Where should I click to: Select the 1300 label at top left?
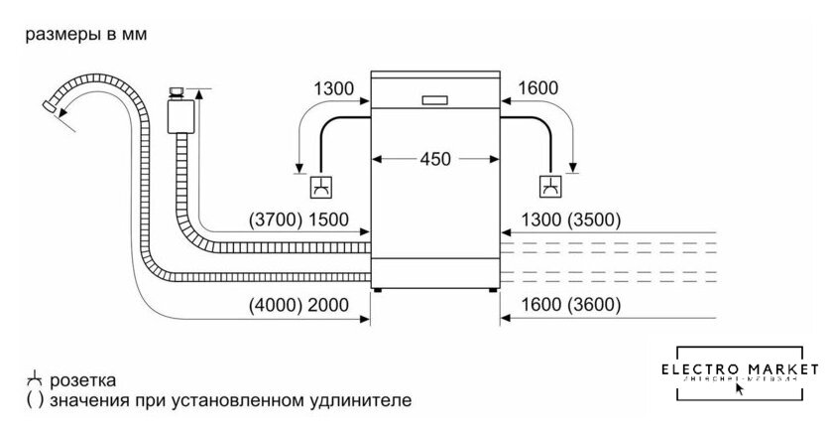(333, 90)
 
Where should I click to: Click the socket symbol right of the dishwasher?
(548, 186)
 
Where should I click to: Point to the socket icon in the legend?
(34, 380)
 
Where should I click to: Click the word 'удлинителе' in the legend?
(358, 401)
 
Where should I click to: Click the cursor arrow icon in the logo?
(740, 389)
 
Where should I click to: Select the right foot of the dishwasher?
(492, 291)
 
